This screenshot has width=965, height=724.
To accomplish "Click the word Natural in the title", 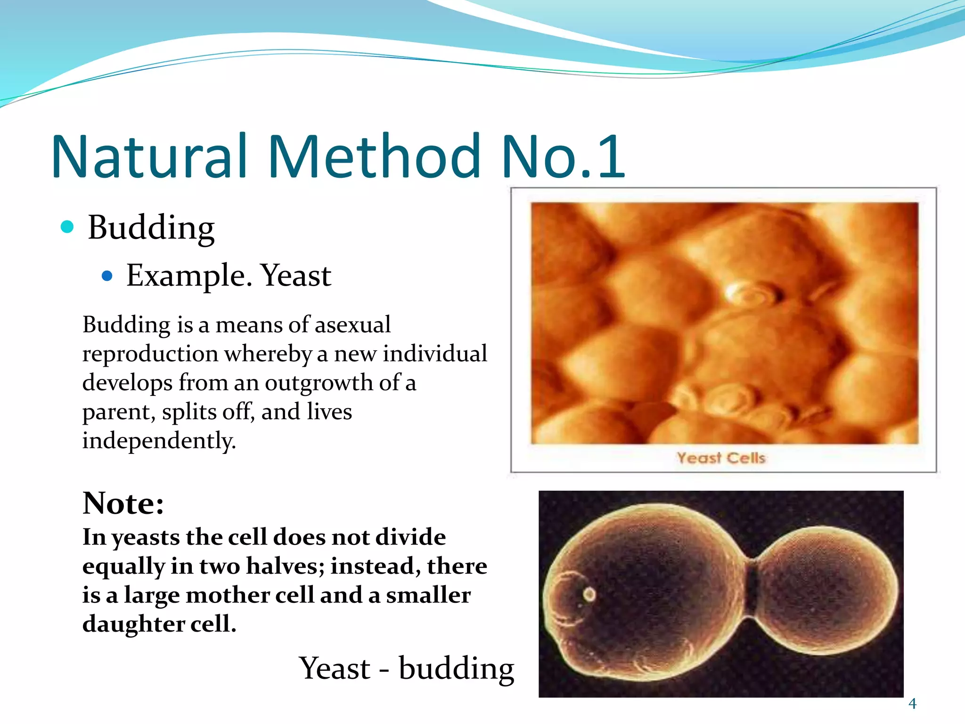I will [x=149, y=156].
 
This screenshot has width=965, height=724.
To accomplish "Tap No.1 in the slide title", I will [x=564, y=156].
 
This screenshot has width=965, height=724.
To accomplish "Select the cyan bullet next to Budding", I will [x=67, y=227].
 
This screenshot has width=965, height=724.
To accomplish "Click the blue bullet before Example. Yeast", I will [x=107, y=275].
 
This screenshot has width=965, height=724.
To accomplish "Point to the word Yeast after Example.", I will [x=296, y=275].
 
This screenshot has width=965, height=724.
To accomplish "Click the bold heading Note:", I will [x=123, y=503].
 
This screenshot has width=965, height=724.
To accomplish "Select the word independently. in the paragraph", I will [x=159, y=441].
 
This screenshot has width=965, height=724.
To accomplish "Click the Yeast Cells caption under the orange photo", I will [x=721, y=458].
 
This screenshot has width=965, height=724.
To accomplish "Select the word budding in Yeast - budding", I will [x=456, y=668].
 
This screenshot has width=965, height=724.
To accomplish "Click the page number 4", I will [x=912, y=704].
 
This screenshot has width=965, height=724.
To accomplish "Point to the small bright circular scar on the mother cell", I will [x=589, y=594].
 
